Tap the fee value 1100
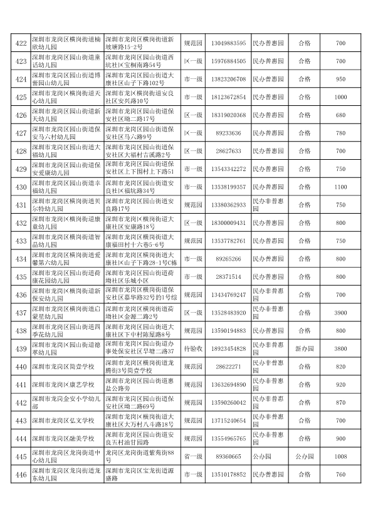pyautogui.click(x=340, y=187)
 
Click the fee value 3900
pyautogui.click(x=340, y=313)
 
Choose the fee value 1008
pyautogui.click(x=340, y=457)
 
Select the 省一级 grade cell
pyautogui.click(x=192, y=457)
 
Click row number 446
pyautogui.click(x=21, y=475)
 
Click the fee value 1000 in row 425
pyautogui.click(x=340, y=97)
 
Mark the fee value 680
pyautogui.click(x=340, y=115)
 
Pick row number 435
pyautogui.click(x=21, y=277)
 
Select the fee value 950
pyautogui.click(x=340, y=79)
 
